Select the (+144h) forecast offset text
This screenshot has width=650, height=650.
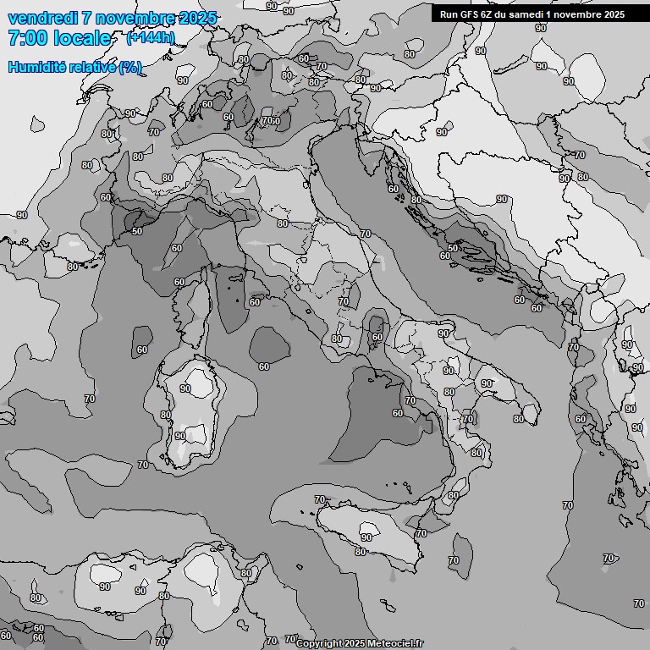(151, 38)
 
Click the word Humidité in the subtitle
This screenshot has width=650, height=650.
(34, 67)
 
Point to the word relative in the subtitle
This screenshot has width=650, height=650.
(88, 67)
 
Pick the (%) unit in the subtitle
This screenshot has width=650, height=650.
(130, 67)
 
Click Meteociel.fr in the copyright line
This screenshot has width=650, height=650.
(394, 644)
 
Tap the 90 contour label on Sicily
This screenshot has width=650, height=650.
(366, 537)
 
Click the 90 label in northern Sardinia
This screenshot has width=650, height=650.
(185, 388)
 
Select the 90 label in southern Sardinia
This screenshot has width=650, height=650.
(179, 436)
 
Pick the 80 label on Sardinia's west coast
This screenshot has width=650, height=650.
(166, 415)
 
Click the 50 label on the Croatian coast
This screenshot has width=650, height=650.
(453, 247)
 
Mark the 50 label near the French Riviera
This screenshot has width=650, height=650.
(137, 230)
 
